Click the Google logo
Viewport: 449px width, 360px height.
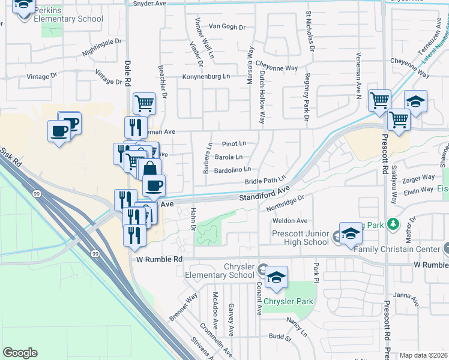(x=20, y=353)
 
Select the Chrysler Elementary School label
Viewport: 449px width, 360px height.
(x=222, y=271)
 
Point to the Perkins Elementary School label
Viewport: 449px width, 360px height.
(x=68, y=15)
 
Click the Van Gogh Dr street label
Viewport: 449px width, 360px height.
(x=227, y=27)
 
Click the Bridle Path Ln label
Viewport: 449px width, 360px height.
(x=265, y=181)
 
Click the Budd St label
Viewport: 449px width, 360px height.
(x=280, y=337)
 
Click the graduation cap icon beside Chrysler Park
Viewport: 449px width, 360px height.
(x=276, y=277)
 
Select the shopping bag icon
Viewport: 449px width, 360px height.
(x=149, y=169)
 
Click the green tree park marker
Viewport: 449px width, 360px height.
(x=393, y=224)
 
